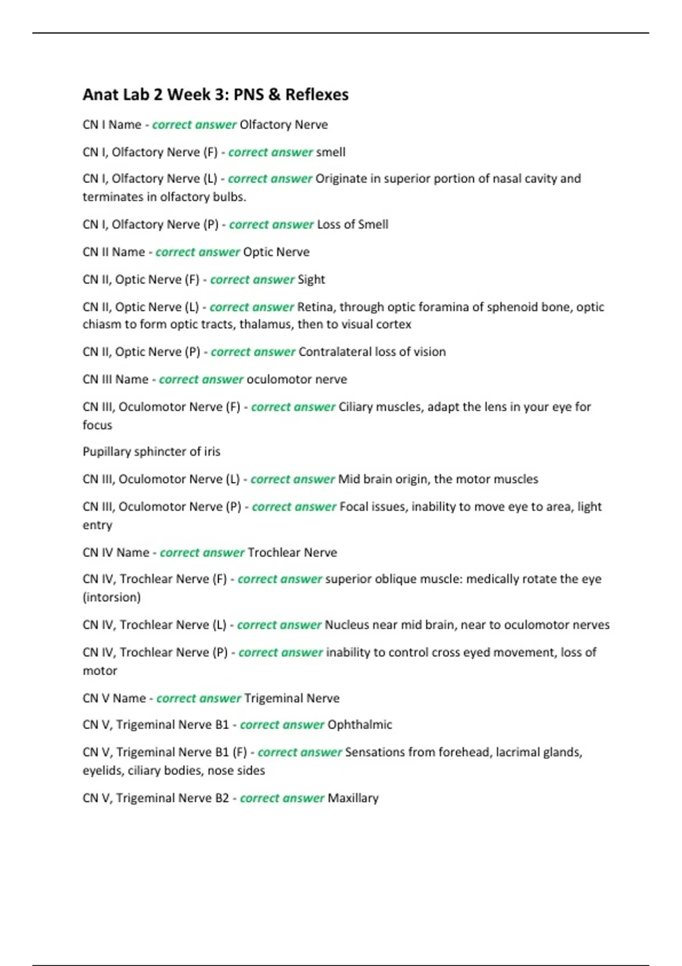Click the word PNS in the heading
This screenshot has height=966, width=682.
[x=248, y=94]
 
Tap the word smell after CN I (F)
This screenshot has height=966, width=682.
[x=331, y=152]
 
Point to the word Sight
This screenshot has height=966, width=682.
[x=311, y=280]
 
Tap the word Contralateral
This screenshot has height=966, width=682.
[x=335, y=352]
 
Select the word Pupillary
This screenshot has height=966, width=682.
[x=107, y=452]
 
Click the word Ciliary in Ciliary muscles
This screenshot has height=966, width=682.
[x=356, y=407]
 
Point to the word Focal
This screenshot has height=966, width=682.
[x=354, y=507]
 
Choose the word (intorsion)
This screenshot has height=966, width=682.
[x=112, y=597]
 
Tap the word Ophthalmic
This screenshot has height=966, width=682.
[x=360, y=725]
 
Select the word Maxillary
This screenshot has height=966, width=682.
[x=353, y=798]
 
